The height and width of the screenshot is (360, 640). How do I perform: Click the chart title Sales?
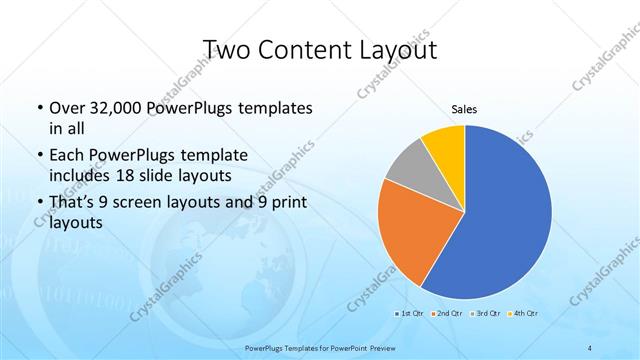464,109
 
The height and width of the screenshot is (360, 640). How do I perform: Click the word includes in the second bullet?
80,176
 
